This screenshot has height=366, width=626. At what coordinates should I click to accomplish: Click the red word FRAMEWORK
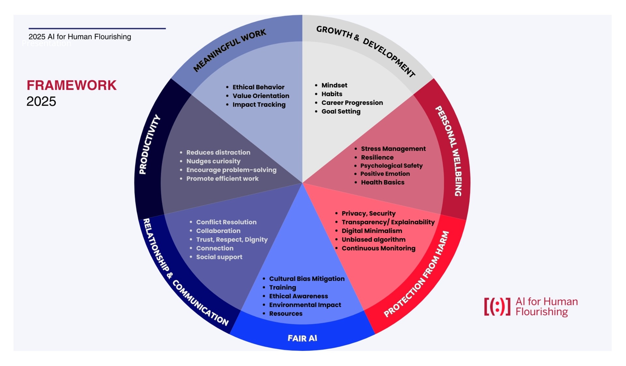click(x=71, y=85)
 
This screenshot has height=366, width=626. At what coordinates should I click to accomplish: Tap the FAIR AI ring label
click(x=302, y=338)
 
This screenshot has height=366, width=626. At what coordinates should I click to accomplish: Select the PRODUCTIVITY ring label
click(x=150, y=144)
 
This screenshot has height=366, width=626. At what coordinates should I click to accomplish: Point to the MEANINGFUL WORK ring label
click(x=230, y=50)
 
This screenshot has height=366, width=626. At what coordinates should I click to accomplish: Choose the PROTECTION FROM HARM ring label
click(x=416, y=274)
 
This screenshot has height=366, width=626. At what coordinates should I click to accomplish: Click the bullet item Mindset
click(x=334, y=85)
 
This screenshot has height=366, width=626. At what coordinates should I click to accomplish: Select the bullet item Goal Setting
click(x=341, y=112)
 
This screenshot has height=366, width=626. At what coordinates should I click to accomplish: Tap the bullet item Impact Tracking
click(x=259, y=105)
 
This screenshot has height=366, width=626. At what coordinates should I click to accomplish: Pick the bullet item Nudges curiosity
click(x=213, y=161)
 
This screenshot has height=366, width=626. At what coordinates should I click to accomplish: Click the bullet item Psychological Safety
click(x=391, y=166)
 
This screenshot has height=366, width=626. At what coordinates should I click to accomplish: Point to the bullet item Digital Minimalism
click(x=372, y=231)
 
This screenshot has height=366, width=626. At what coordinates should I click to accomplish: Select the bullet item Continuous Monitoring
click(x=378, y=248)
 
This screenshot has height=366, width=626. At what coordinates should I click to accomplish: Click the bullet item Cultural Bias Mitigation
click(x=306, y=279)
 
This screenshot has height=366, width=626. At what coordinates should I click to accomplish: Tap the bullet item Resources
click(x=286, y=314)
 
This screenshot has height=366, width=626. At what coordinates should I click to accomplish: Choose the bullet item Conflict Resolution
click(x=226, y=222)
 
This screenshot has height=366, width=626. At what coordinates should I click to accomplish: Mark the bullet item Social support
click(x=219, y=257)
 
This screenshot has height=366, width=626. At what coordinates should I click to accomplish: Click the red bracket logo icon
click(x=497, y=307)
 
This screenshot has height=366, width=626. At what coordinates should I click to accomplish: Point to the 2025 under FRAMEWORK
click(x=41, y=101)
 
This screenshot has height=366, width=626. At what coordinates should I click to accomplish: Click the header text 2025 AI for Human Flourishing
click(x=80, y=37)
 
